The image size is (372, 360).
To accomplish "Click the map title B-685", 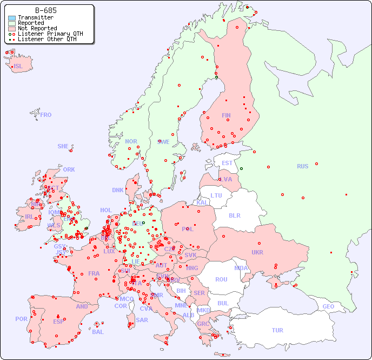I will click(x=45, y=10).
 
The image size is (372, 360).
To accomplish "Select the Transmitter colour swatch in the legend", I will click(x=12, y=18).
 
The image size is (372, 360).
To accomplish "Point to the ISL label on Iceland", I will click(x=18, y=67).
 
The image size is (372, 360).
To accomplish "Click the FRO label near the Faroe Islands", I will click(x=46, y=115).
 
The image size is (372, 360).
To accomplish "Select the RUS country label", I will click(x=302, y=166).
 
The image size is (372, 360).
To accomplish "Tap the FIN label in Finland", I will click(x=226, y=115).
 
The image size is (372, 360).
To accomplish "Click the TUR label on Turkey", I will click(x=277, y=330).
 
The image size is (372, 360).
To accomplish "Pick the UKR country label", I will click(x=257, y=252).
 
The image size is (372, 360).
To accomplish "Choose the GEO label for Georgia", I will click(x=328, y=306).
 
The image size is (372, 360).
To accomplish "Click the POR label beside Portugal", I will click(x=21, y=319).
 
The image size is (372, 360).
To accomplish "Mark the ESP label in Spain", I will click(x=58, y=321).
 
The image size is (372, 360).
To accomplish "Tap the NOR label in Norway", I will click(x=131, y=141).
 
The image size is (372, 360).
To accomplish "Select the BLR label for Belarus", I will click(x=234, y=215).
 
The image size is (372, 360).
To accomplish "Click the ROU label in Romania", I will click(x=221, y=279).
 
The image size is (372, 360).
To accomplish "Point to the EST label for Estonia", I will click(x=227, y=163).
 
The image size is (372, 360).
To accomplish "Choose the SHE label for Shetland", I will click(x=63, y=146).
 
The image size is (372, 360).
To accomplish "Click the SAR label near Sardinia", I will click(x=142, y=320).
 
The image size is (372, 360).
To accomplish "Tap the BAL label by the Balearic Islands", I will click(x=97, y=332).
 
